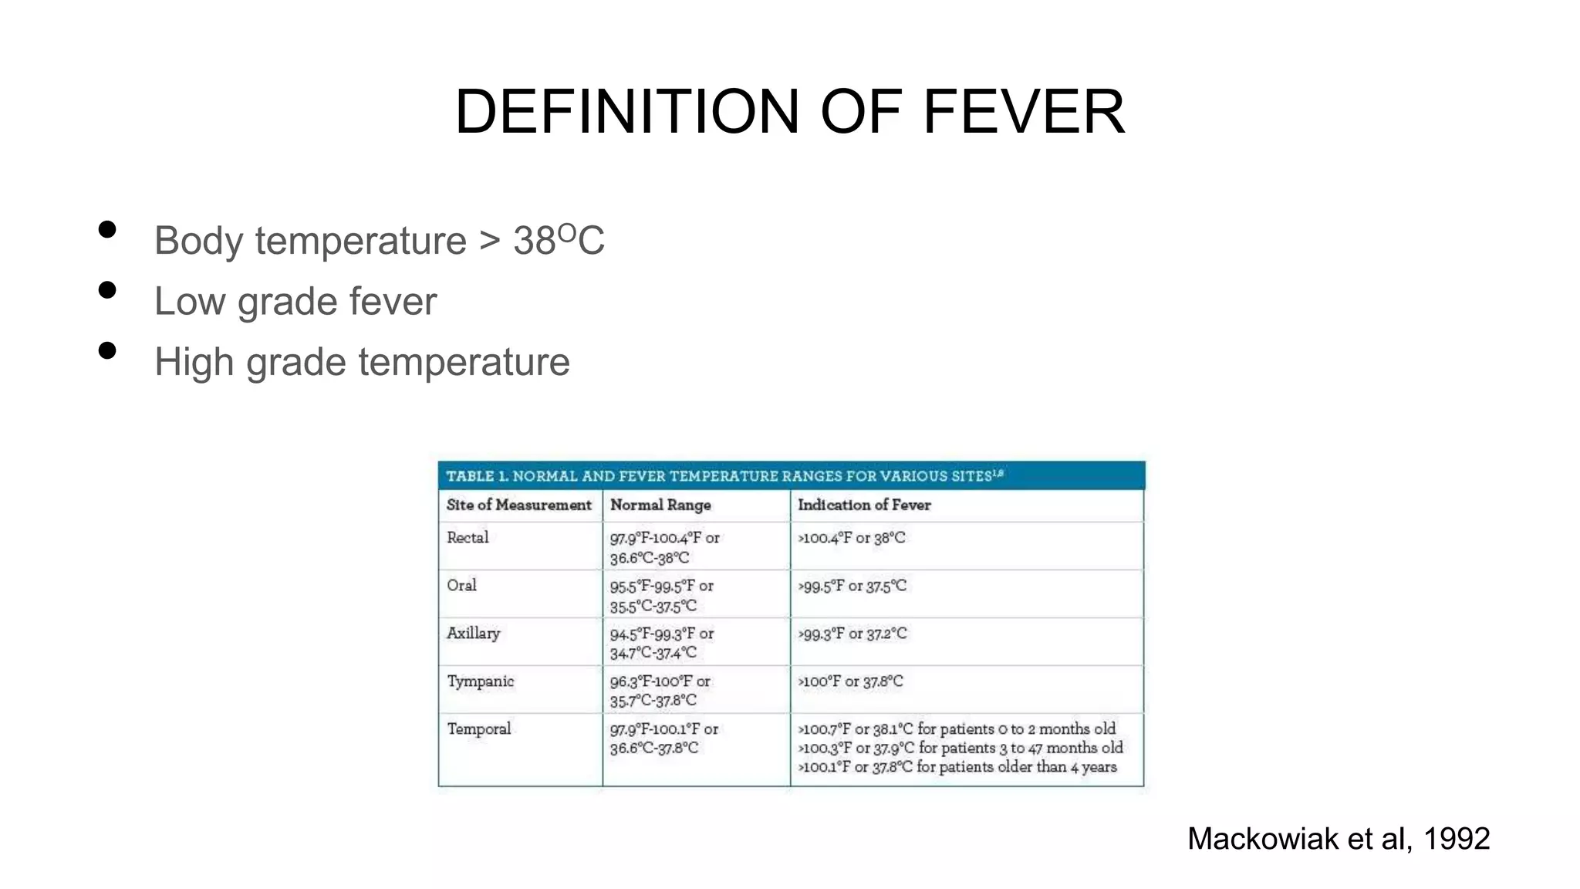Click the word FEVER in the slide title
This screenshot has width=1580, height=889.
1024,112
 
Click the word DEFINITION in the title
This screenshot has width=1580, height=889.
627,112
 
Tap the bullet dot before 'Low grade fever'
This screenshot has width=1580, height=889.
107,290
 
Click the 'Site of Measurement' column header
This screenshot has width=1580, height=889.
518,505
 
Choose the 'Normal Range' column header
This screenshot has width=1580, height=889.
660,505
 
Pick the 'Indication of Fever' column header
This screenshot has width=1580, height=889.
864,505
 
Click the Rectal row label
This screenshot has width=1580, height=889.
468,537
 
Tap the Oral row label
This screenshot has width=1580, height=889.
461,585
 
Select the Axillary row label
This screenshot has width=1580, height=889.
473,634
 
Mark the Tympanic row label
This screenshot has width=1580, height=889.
480,681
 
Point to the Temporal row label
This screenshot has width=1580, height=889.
478,728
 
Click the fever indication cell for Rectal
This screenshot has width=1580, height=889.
852,537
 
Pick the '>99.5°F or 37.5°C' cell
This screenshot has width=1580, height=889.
852,586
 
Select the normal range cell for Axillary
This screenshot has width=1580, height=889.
661,643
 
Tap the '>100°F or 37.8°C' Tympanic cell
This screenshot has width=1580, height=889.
850,681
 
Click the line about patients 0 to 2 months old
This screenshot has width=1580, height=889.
957,728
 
